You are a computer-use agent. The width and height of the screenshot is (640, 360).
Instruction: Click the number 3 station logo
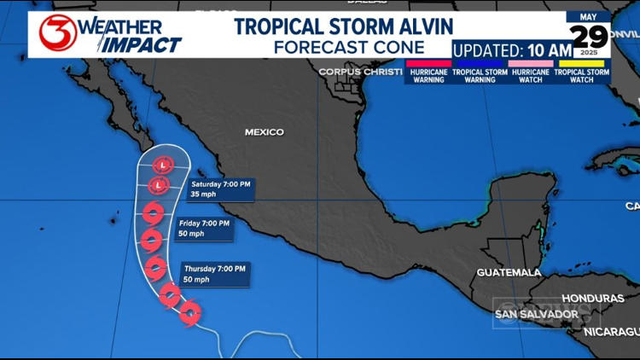56,32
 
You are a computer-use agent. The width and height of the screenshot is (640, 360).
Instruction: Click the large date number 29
590,36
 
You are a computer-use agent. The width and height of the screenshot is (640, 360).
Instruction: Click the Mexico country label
264,132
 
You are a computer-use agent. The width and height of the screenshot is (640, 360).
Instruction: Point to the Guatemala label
509,272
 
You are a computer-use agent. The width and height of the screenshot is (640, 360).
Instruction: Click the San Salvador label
537,315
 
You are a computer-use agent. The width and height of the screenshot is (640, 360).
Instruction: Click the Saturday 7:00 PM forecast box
220,189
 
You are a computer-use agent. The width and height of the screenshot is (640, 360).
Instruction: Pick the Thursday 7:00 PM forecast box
215,274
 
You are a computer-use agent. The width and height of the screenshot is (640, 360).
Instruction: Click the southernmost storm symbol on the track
190,313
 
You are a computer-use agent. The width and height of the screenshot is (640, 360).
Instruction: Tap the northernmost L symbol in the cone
162,165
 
